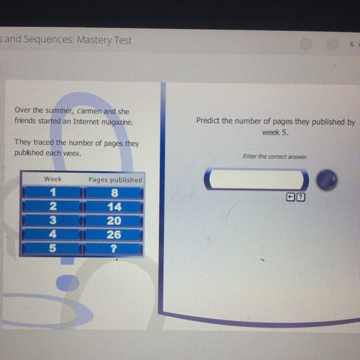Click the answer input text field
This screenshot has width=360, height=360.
(x=256, y=179)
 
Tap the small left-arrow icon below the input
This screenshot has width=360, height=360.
(x=290, y=197)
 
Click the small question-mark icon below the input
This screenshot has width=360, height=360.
(x=301, y=197)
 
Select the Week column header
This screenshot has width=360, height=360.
(x=53, y=179)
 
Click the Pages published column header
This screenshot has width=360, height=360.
(x=115, y=179)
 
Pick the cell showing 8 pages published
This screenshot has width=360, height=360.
(x=114, y=192)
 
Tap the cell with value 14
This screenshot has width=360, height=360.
(x=114, y=206)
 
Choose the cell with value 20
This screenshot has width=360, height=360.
(x=114, y=220)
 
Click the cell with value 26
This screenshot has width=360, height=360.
(x=114, y=235)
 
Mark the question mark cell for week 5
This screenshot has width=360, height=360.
(x=114, y=249)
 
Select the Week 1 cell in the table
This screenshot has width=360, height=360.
(x=53, y=192)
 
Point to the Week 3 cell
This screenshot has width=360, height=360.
(x=52, y=220)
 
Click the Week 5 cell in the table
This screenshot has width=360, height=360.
(x=52, y=248)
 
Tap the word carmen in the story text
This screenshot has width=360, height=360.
(x=89, y=111)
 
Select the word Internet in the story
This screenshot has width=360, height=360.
(x=86, y=121)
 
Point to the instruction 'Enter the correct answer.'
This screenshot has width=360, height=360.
(x=275, y=156)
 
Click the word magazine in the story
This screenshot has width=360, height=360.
(x=118, y=122)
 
